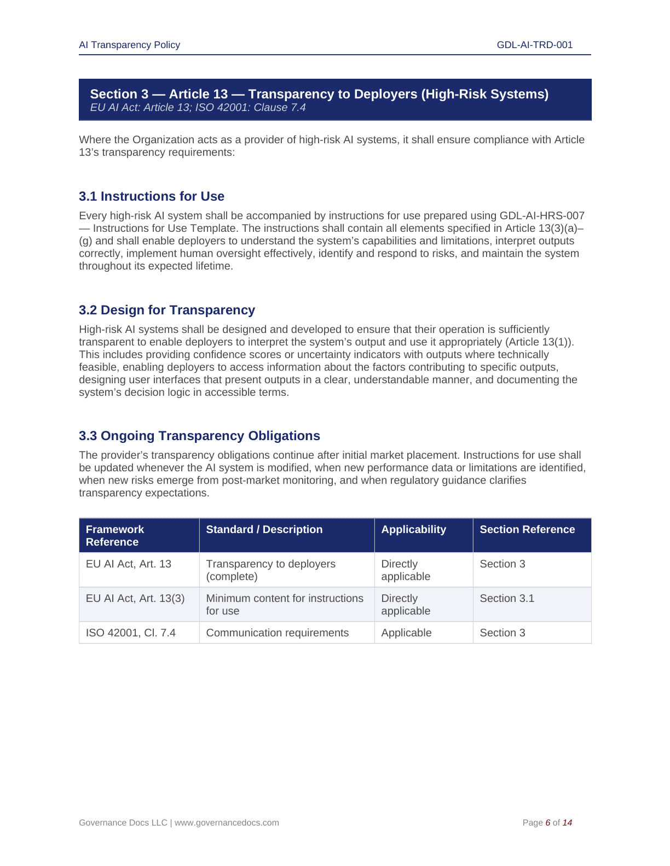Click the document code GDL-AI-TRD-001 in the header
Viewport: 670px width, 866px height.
[x=534, y=45]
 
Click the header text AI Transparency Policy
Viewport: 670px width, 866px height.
[x=129, y=45]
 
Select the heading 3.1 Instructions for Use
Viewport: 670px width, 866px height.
[x=152, y=196]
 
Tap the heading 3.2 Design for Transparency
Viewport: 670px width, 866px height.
[x=167, y=310]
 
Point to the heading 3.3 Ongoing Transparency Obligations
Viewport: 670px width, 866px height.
[x=199, y=436]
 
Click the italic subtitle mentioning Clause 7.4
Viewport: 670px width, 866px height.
[x=198, y=108]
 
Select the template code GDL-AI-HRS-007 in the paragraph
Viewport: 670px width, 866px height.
[x=542, y=216]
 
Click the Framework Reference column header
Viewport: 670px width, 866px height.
[x=115, y=535]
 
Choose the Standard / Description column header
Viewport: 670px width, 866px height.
[x=264, y=529]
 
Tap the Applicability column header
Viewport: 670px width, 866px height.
[x=413, y=529]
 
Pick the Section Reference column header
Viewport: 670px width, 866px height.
[x=527, y=529]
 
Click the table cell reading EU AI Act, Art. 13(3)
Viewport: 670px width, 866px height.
[x=135, y=598]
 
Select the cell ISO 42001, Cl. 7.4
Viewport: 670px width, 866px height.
[x=131, y=633]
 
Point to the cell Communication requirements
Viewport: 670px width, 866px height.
[x=277, y=633]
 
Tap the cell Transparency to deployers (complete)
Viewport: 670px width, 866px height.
[x=270, y=570]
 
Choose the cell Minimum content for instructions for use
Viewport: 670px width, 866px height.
[x=284, y=604]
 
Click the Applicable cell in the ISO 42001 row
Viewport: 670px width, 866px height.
[x=406, y=633]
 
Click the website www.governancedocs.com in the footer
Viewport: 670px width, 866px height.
[x=227, y=822]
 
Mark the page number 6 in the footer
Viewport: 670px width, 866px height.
[x=548, y=822]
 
